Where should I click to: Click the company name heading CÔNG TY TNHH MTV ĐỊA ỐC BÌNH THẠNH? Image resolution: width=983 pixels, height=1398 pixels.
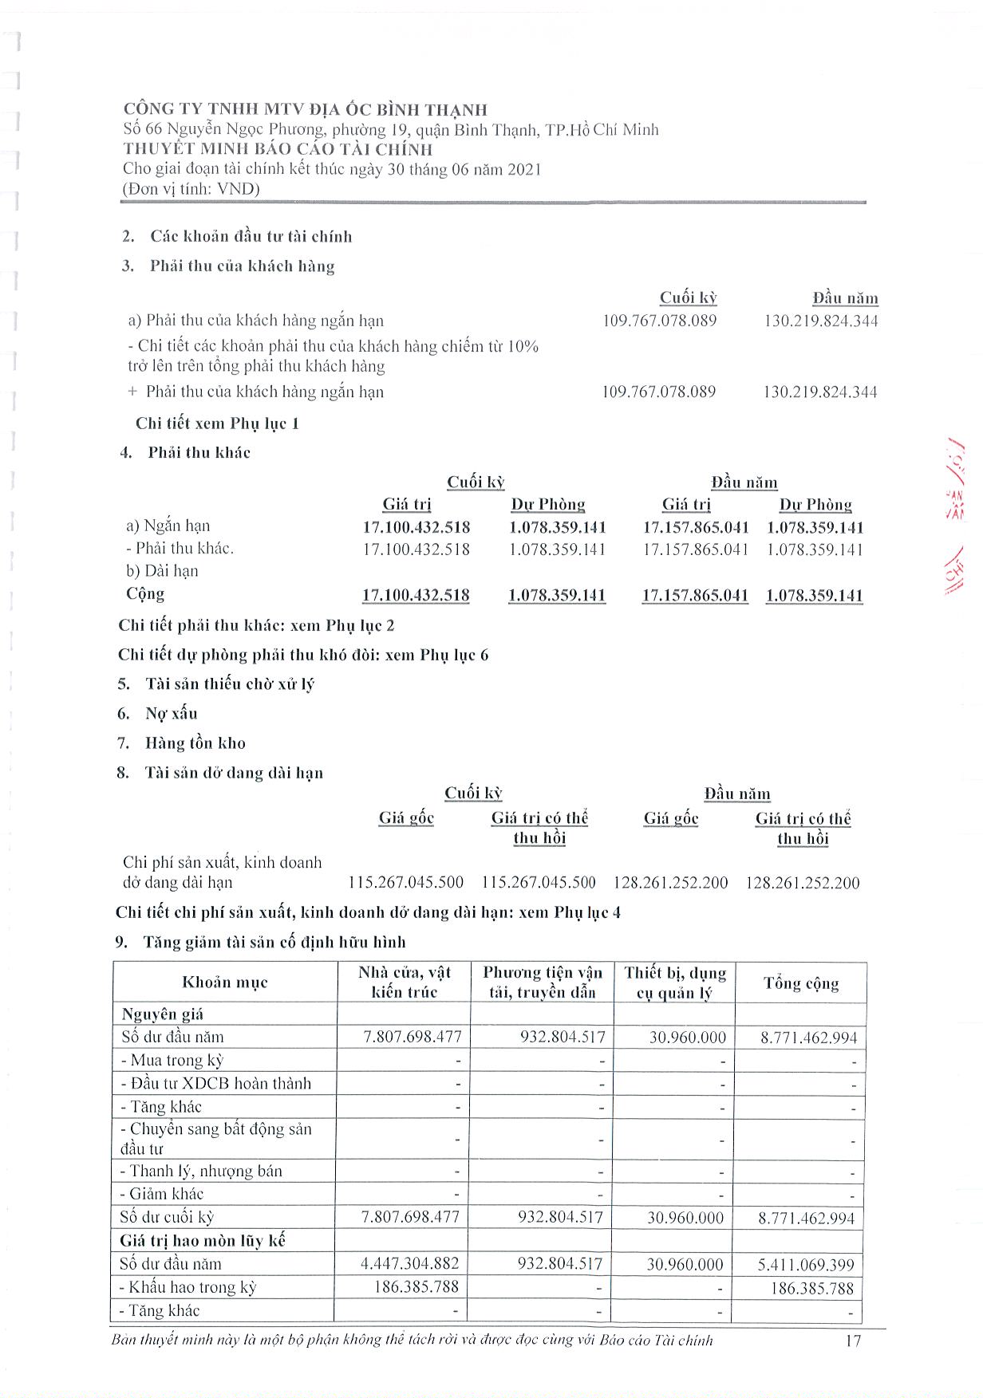pyautogui.click(x=305, y=110)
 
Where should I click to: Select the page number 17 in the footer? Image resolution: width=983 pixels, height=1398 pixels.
pyautogui.click(x=853, y=1340)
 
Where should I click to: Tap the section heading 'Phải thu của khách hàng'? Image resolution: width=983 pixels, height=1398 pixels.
pyautogui.click(x=242, y=266)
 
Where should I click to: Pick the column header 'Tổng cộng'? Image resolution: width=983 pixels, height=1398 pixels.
pyautogui.click(x=800, y=983)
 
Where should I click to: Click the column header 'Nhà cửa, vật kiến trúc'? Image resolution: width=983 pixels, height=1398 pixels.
pyautogui.click(x=405, y=983)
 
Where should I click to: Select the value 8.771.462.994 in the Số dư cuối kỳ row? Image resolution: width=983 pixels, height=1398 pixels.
pyautogui.click(x=807, y=1218)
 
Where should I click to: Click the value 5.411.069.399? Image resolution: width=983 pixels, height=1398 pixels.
pyautogui.click(x=807, y=1265)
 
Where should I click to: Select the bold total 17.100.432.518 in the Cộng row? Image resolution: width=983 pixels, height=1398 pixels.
pyautogui.click(x=416, y=595)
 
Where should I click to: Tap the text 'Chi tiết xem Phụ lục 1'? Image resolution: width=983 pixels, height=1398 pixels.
pyautogui.click(x=217, y=423)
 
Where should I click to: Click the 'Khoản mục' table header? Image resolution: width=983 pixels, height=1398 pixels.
pyautogui.click(x=224, y=983)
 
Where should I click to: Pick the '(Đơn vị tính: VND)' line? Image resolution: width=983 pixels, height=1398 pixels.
pyautogui.click(x=191, y=189)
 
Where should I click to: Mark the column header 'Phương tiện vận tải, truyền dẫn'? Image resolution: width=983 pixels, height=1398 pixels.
pyautogui.click(x=543, y=983)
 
